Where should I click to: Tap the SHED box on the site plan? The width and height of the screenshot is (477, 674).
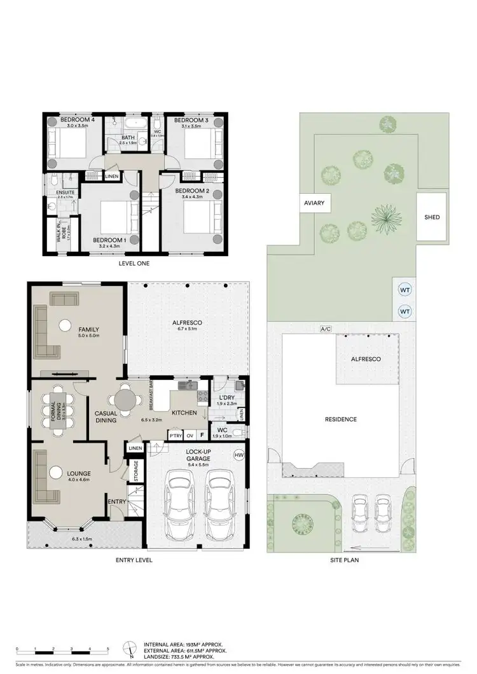pyautogui.click(x=432, y=217)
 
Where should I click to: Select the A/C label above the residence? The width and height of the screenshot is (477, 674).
pyautogui.click(x=326, y=328)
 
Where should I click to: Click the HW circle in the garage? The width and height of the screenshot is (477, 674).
pyautogui.click(x=239, y=455)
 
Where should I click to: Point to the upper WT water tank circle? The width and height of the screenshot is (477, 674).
pyautogui.click(x=404, y=289)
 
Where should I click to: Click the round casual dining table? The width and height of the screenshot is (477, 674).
pyautogui.click(x=125, y=401)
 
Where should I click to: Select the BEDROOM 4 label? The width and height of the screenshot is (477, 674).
pyautogui.click(x=77, y=120)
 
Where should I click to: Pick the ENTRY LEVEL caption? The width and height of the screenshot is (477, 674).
pyautogui.click(x=134, y=560)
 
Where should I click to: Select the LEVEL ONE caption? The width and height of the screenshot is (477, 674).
pyautogui.click(x=134, y=263)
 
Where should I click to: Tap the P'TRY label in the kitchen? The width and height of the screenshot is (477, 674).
pyautogui.click(x=175, y=436)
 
